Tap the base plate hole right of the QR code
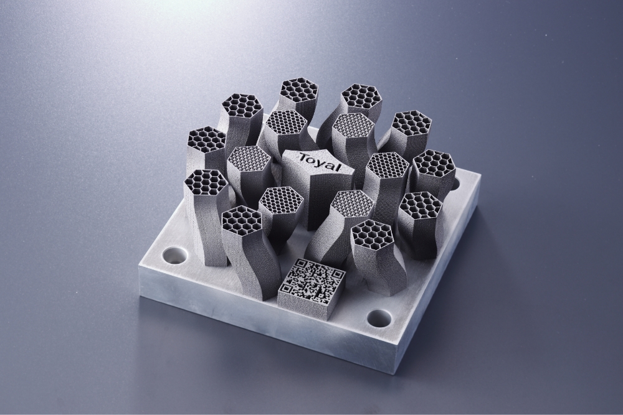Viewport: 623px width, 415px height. [379, 319]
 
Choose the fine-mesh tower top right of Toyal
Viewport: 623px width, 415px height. [387, 166]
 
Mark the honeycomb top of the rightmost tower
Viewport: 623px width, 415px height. [434, 164]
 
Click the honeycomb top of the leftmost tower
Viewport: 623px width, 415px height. [205, 183]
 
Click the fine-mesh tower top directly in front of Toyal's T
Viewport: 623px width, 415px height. [280, 200]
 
